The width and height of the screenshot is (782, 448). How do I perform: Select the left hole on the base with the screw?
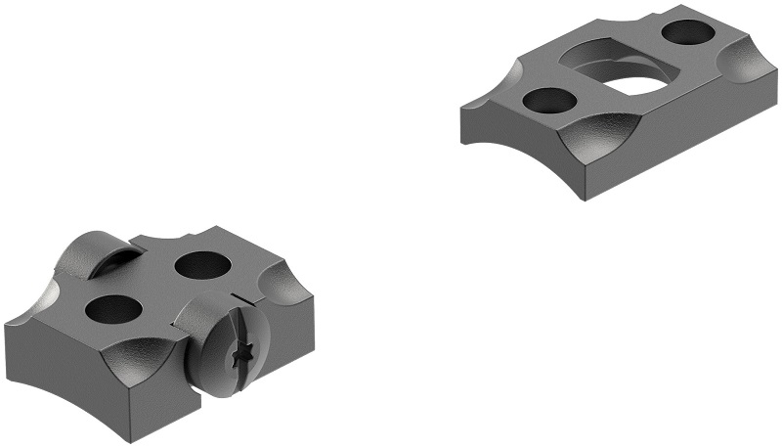click(x=112, y=309)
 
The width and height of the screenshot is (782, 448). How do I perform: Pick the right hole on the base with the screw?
click(x=200, y=264)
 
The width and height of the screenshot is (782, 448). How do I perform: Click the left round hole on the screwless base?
click(x=549, y=100)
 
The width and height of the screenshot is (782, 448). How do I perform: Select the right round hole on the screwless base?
click(x=687, y=31)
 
